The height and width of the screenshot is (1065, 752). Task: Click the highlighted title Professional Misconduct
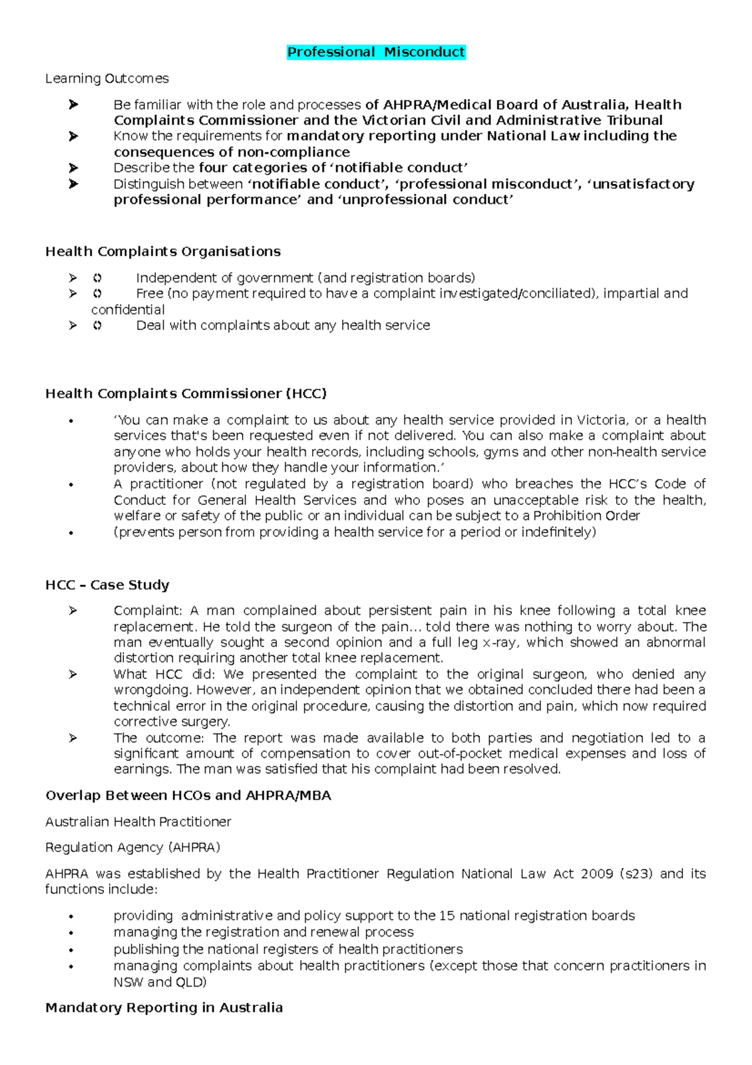pos(376,52)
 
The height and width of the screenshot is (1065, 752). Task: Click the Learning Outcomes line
pos(107,78)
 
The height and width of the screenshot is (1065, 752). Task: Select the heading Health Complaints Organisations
pos(163,252)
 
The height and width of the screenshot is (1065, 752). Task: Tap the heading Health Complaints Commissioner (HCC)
pos(186,394)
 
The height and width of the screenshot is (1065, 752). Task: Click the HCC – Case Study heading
pos(107,585)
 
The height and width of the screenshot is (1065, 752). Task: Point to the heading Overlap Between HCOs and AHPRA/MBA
pos(188,795)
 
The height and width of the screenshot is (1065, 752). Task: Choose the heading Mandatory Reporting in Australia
pos(164,1007)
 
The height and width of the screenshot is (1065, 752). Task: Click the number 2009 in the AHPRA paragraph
pos(595,874)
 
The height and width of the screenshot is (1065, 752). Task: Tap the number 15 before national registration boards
pos(446,916)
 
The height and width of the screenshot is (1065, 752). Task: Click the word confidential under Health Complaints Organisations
pos(128,310)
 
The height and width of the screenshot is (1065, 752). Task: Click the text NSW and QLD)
pos(160,982)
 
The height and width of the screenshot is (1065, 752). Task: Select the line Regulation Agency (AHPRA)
pos(132,847)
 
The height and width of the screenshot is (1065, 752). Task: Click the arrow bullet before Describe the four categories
pos(73,168)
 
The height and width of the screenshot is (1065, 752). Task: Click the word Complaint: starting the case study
pos(148,611)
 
